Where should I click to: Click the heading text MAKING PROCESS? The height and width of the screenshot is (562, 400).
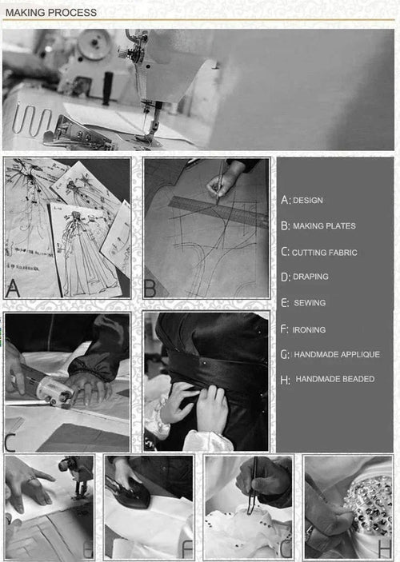tap(51, 13)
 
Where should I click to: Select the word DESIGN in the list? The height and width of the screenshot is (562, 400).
tap(308, 201)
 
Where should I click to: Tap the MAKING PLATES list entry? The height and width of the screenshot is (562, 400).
tap(324, 226)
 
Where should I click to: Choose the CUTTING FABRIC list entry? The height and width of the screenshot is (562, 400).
tap(324, 253)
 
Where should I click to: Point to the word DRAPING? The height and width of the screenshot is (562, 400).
tap(310, 277)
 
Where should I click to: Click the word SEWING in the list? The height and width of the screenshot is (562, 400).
tap(310, 303)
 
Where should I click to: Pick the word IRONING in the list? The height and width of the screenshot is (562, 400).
tap(309, 329)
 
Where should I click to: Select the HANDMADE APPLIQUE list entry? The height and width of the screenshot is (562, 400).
tap(337, 354)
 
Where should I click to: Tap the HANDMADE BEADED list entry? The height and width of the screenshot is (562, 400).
tap(335, 379)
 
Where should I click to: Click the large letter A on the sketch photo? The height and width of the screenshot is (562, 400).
tap(13, 288)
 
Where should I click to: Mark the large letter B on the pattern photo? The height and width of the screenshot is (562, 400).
tap(150, 289)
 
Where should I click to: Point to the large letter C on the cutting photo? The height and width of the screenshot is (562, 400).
tap(10, 442)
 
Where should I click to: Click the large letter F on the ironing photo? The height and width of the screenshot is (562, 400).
tap(188, 548)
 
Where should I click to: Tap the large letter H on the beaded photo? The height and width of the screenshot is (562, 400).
tap(385, 548)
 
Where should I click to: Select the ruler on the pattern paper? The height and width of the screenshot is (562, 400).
tap(218, 212)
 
